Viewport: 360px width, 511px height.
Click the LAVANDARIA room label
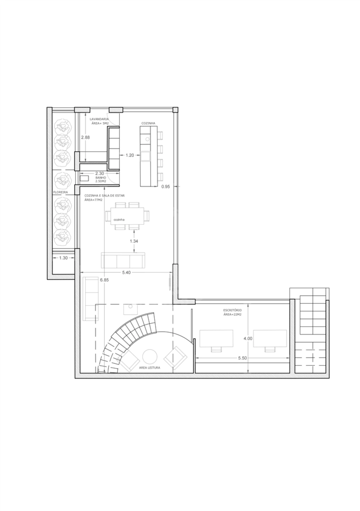(99, 119)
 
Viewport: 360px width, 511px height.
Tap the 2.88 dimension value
(85, 138)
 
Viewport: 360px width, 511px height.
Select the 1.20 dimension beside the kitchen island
(130, 155)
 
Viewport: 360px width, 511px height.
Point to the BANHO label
(100, 178)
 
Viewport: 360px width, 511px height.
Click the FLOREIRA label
(61, 192)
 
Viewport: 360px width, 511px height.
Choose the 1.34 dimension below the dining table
(134, 241)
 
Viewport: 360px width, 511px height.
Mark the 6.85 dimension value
(104, 280)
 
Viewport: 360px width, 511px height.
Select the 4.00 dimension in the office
(248, 339)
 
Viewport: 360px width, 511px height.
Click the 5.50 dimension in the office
(242, 358)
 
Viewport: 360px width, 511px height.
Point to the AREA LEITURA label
(150, 367)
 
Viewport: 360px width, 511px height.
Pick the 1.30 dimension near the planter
(64, 258)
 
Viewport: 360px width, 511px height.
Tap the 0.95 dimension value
(166, 186)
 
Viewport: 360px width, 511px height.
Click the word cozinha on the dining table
(119, 220)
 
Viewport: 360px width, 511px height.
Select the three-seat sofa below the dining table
(123, 260)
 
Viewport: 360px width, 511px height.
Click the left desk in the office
(216, 339)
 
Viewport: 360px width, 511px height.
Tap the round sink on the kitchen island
(147, 139)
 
